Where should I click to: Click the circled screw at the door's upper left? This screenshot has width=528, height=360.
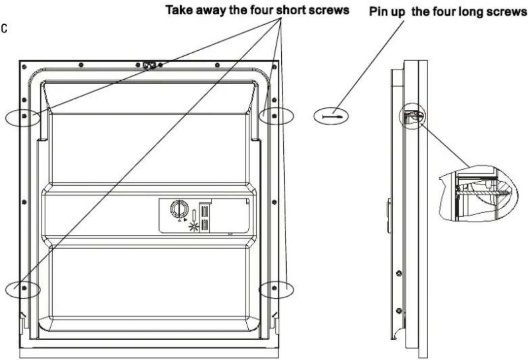pyautogui.click(x=24, y=116)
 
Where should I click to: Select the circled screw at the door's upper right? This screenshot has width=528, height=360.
pyautogui.click(x=274, y=116)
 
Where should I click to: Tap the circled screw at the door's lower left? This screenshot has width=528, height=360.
pyautogui.click(x=24, y=288)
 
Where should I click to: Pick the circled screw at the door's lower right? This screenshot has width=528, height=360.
pyautogui.click(x=274, y=288)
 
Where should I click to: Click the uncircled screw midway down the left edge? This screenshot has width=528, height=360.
pyautogui.click(x=24, y=202)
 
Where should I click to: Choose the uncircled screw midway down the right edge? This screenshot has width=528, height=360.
pyautogui.click(x=274, y=202)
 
